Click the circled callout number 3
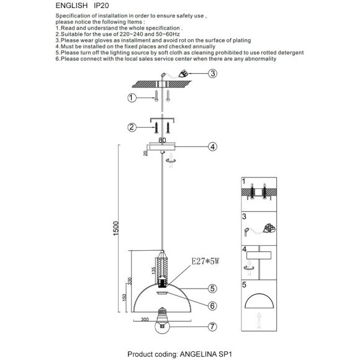coord(213,73)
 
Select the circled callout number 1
coord(132,98)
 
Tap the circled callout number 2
coord(132,127)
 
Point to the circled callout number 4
coord(213,146)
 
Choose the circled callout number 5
coord(213,289)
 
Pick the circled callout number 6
coord(213,305)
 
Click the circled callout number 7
coord(213,326)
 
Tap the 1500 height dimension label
coord(116,228)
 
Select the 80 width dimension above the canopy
coord(162,140)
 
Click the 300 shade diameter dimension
coord(145,319)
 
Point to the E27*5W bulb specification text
coord(205,261)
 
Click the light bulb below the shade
coord(163,320)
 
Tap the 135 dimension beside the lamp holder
coord(154,270)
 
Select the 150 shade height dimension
coord(124,297)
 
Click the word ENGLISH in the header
coord(71,6)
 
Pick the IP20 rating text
coord(101,6)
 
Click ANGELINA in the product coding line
coord(198,354)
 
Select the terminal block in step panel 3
coord(269,228)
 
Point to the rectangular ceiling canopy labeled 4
coord(162,146)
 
